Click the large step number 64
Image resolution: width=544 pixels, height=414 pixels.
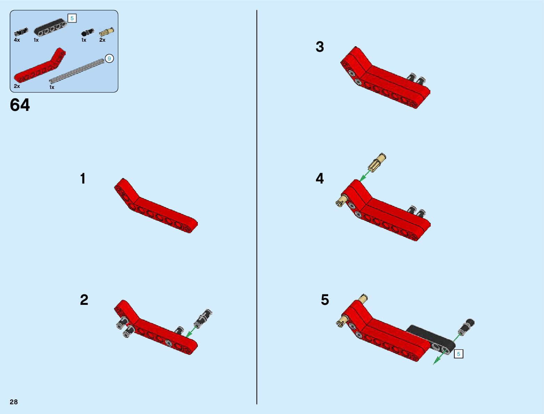click(20, 105)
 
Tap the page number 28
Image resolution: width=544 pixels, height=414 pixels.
click(14, 402)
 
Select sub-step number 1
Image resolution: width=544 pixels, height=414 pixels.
click(83, 179)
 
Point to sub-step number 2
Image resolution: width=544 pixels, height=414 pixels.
click(84, 300)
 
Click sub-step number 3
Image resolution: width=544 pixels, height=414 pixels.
click(320, 47)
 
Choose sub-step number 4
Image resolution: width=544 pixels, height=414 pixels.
click(320, 179)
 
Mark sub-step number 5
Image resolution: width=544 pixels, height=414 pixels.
click(325, 300)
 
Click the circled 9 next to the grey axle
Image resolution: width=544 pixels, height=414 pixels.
click(109, 59)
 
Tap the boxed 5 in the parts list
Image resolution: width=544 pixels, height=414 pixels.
click(72, 18)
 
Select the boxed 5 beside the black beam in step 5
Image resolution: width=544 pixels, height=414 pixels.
click(458, 354)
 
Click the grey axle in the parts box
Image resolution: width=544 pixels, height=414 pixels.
click(77, 71)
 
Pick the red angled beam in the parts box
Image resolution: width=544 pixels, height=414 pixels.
click(40, 65)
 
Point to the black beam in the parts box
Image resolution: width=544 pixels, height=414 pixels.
click(50, 27)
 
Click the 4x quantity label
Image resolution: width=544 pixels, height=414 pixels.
click(17, 40)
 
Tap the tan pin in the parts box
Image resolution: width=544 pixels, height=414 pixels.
click(107, 32)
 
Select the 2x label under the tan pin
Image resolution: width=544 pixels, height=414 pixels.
click(102, 40)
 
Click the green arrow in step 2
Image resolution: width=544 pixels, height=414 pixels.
click(191, 332)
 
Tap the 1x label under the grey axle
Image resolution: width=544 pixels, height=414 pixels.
click(52, 87)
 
